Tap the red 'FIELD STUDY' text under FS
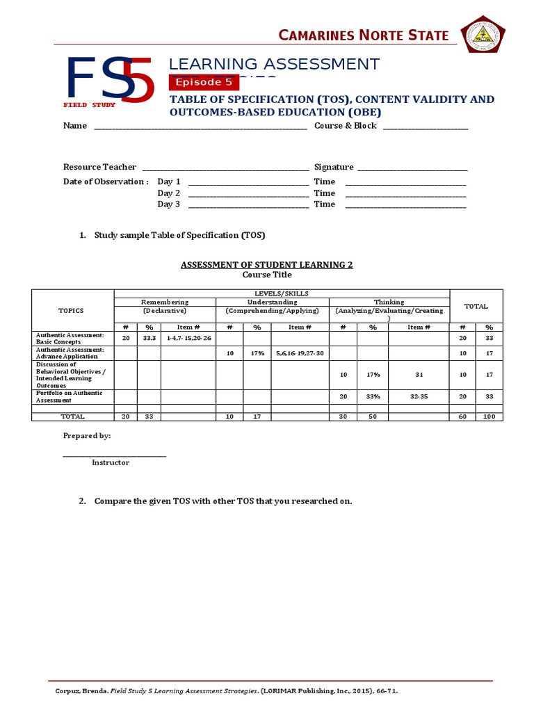90,105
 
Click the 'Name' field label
75,126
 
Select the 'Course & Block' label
345,126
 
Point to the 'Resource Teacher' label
99,167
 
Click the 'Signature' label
334,167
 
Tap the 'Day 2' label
168,193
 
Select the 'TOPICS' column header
72,311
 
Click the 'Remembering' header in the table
165,302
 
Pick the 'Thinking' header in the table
389,302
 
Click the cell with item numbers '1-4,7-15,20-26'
188,337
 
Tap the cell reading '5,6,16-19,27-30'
300,353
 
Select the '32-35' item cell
419,397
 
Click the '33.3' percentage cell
149,337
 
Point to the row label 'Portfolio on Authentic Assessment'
70,396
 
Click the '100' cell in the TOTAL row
489,416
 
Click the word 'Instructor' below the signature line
111,462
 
